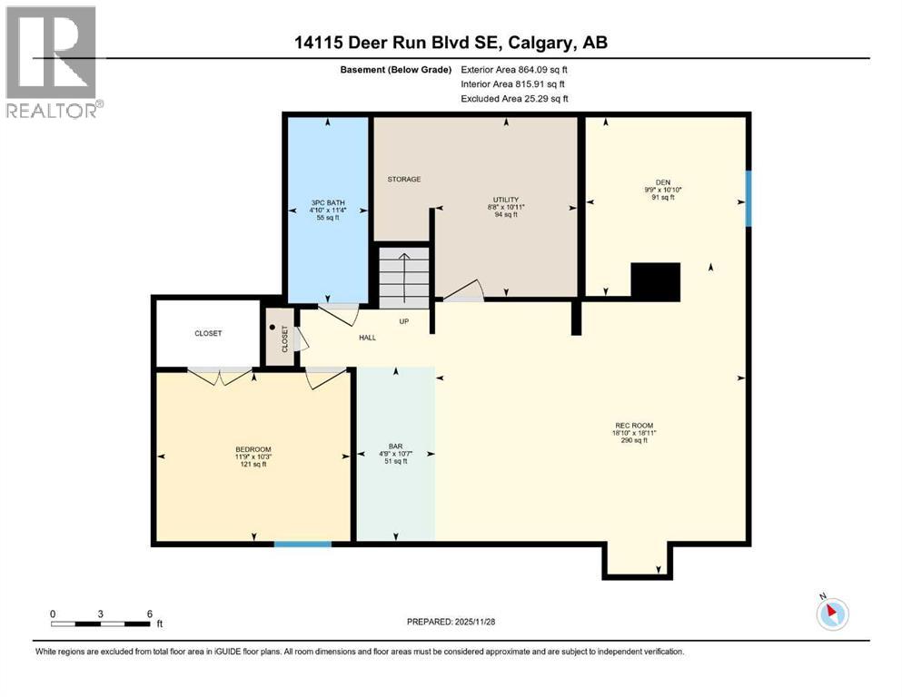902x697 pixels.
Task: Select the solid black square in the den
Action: [655, 281]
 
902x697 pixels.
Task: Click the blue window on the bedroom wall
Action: [302, 544]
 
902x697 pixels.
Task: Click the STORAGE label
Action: [404, 180]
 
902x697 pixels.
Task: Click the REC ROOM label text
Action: [633, 426]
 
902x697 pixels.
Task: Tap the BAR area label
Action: [395, 446]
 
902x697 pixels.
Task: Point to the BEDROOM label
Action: [253, 449]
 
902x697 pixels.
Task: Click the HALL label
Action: [367, 338]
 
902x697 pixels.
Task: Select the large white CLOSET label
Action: [208, 333]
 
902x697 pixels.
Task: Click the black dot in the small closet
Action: [273, 328]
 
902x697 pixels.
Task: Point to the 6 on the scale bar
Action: [149, 613]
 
